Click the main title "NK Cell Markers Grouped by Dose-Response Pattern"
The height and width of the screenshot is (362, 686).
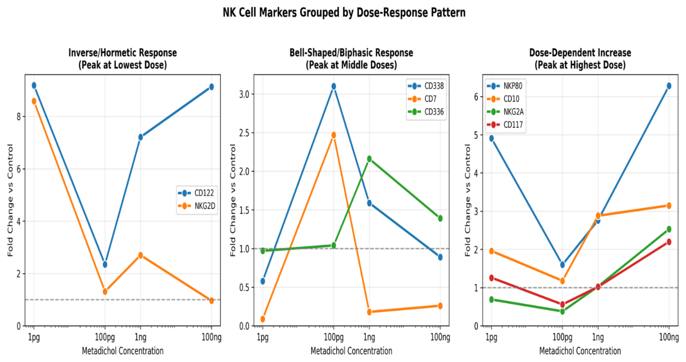(344, 13)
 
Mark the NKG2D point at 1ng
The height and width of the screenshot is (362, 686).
(141, 255)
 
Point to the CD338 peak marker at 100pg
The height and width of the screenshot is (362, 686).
(334, 86)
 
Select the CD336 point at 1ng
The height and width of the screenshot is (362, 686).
(369, 159)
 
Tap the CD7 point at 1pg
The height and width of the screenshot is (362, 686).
(263, 319)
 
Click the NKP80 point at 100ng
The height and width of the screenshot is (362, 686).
(669, 86)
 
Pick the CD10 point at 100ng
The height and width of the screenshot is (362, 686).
(669, 206)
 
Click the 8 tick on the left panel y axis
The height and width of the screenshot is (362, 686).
(19, 117)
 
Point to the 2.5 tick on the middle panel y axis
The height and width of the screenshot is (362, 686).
(244, 133)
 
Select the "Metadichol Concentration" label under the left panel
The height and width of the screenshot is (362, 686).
(123, 351)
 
